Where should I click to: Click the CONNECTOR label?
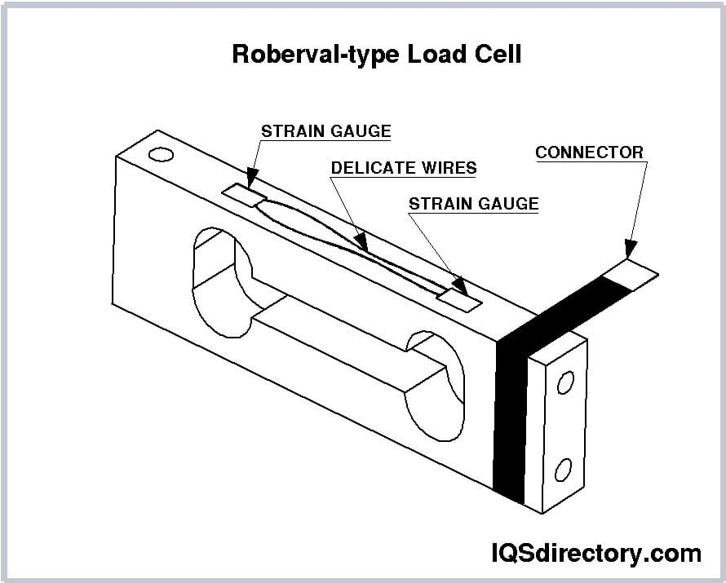tap(589, 152)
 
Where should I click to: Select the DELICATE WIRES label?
tap(404, 168)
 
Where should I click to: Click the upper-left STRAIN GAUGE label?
tap(325, 131)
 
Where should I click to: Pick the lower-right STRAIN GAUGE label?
tap(473, 203)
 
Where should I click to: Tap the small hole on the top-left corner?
tap(161, 154)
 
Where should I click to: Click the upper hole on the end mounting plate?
tap(564, 382)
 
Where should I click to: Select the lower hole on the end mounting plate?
tap(562, 470)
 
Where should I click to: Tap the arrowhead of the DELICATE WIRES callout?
tap(360, 241)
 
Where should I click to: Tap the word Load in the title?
tap(429, 54)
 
